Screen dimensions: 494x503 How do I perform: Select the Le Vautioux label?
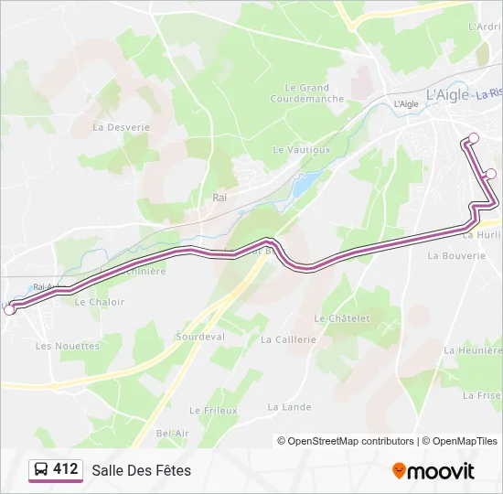(301, 148)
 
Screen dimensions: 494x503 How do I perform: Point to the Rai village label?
(219, 197)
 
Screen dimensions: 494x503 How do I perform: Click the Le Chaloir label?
(99, 302)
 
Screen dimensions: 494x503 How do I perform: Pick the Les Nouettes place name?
(68, 346)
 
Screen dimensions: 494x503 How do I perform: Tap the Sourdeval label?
(200, 337)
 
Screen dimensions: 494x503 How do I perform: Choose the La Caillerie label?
(288, 338)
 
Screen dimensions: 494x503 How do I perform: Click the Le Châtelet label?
(342, 318)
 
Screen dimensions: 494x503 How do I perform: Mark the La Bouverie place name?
(456, 256)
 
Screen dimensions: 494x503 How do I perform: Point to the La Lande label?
(289, 407)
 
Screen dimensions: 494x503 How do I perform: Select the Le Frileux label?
(213, 411)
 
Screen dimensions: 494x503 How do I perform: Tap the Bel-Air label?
(172, 433)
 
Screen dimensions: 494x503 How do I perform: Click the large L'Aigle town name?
(447, 93)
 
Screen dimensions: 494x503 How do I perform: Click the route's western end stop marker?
(10, 310)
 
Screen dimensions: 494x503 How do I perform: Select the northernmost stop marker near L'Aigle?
(474, 138)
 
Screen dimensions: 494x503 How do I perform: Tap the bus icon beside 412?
(41, 469)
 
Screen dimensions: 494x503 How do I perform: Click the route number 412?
(65, 469)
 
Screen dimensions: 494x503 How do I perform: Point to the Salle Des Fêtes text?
(141, 470)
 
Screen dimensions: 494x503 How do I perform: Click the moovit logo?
(433, 471)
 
